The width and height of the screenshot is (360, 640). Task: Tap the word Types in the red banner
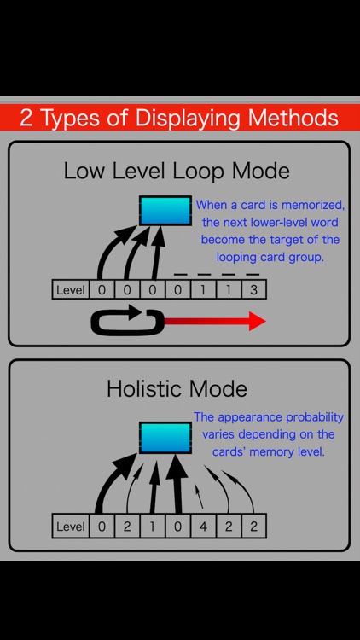click(x=72, y=118)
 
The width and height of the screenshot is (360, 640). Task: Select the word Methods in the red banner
click(x=294, y=118)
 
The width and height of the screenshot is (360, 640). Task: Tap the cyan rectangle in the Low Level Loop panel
click(x=165, y=211)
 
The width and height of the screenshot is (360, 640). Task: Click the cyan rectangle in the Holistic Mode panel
click(x=165, y=437)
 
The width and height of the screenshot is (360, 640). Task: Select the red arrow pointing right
click(x=213, y=322)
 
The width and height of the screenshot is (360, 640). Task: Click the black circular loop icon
click(x=126, y=322)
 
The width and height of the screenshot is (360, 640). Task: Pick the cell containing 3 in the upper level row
click(x=253, y=290)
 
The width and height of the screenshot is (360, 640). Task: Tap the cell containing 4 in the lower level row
click(x=203, y=527)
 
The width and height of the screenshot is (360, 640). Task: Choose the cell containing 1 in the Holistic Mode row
click(x=153, y=527)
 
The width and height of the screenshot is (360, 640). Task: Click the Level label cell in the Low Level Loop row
click(x=71, y=290)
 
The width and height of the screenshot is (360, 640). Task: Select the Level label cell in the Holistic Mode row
click(x=71, y=527)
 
